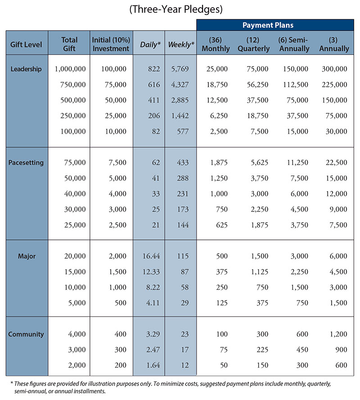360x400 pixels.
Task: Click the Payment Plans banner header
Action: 268,25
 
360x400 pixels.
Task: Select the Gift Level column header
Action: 26,45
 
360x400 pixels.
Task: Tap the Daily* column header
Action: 150,45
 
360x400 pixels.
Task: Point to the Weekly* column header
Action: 181,45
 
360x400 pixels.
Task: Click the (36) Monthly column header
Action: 216,44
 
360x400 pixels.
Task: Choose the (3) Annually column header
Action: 334,44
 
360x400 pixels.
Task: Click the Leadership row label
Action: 26,69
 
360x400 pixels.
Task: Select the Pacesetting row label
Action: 26,163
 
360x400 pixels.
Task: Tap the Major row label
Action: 27,256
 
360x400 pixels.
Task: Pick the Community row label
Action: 26,334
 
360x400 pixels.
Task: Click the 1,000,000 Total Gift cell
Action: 70,69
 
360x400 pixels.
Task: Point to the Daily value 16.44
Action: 151,256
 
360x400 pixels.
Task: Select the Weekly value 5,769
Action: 180,69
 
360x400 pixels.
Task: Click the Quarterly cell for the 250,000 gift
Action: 257,116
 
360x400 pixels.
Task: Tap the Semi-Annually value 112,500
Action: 296,85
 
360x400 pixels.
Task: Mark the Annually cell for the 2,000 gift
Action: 341,365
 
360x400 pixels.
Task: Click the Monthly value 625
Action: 222,225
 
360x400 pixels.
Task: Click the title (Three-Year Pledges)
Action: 176,9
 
